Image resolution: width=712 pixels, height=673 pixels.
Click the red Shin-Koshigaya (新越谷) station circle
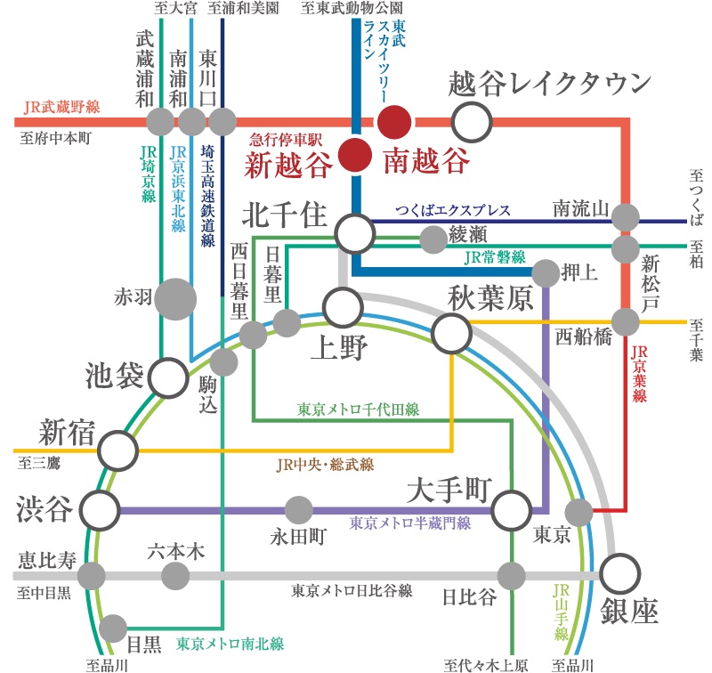(x=355, y=155)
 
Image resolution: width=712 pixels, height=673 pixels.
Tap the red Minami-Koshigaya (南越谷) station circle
(x=394, y=122)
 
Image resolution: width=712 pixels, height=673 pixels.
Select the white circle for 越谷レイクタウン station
(x=472, y=122)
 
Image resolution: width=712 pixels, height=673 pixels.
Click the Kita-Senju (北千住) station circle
(x=355, y=233)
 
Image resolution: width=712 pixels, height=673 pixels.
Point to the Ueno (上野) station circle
(x=344, y=307)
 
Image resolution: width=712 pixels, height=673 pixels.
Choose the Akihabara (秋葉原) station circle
(x=452, y=334)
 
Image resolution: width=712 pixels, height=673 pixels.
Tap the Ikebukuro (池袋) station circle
(x=168, y=377)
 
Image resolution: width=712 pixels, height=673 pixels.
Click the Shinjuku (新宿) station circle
(x=118, y=450)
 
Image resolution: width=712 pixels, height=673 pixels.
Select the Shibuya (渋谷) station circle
(x=100, y=510)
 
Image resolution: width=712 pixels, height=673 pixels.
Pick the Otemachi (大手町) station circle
(x=512, y=510)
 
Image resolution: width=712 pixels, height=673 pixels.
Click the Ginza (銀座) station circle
(x=620, y=573)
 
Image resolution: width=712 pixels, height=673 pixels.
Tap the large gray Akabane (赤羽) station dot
(x=175, y=299)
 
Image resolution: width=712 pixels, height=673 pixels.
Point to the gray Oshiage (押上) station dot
(x=546, y=273)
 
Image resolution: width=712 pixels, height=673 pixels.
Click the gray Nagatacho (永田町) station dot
(x=299, y=510)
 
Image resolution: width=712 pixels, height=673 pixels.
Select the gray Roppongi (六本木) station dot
(x=175, y=576)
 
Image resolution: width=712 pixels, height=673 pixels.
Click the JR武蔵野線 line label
(x=61, y=107)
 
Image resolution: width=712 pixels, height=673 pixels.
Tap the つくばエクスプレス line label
(x=453, y=210)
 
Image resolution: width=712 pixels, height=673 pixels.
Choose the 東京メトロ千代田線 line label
(x=359, y=409)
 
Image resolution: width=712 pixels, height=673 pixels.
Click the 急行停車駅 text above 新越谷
(x=286, y=140)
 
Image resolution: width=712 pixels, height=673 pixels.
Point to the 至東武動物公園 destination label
(x=352, y=8)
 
